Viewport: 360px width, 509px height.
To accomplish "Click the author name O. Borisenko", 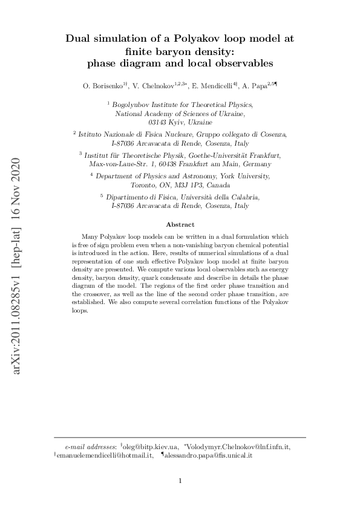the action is pyautogui.click(x=102, y=87).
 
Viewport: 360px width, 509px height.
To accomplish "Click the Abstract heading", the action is pyautogui.click(x=180, y=224).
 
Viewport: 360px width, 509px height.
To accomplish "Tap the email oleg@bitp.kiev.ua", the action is pyautogui.click(x=151, y=446).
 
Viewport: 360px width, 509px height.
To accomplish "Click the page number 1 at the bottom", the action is pyautogui.click(x=180, y=482).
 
